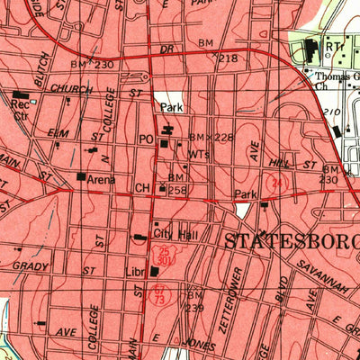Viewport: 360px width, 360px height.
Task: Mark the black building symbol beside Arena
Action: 81,177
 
